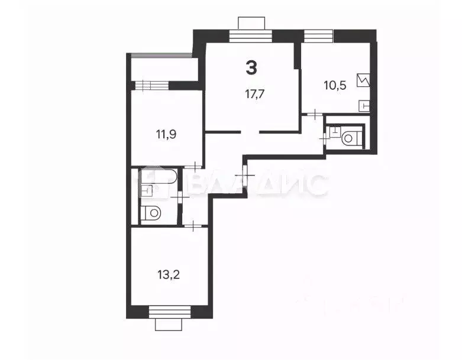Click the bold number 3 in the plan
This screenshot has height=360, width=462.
[251, 67]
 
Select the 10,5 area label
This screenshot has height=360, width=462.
[335, 84]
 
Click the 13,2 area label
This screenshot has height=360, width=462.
[167, 274]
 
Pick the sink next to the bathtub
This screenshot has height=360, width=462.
[146, 190]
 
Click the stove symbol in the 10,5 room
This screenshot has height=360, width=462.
[363, 80]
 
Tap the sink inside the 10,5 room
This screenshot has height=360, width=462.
[364, 105]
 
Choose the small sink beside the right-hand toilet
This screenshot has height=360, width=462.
[334, 132]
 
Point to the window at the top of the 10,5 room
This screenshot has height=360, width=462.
[319, 35]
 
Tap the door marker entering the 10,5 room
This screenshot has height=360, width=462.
[316, 113]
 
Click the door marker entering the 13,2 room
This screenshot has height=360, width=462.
[195, 224]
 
